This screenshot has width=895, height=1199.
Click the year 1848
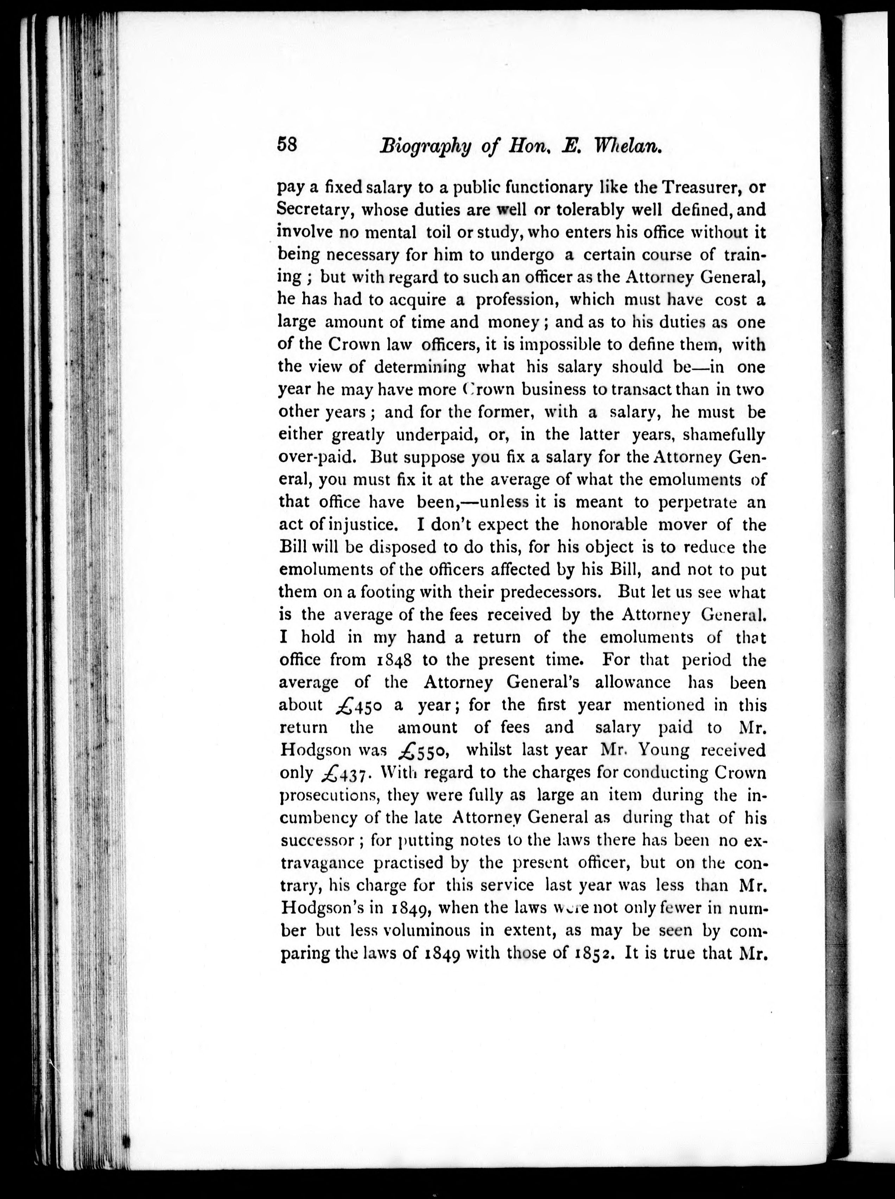pos(394,660)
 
